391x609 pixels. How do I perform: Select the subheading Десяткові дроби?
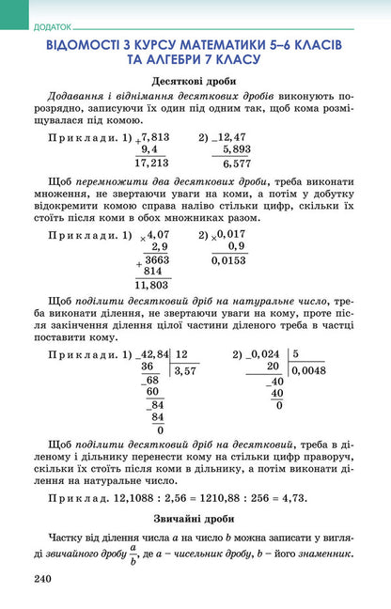tap(194, 81)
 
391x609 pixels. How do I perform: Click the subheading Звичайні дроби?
tap(194, 517)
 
